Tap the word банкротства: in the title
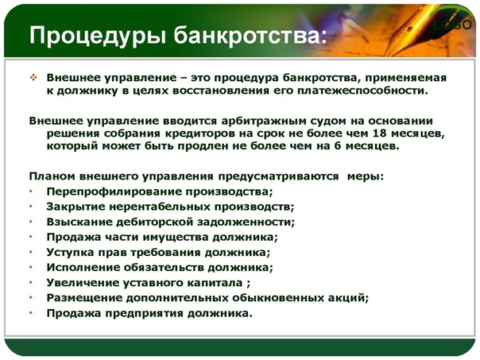point(250,35)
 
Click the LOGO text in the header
point(452,25)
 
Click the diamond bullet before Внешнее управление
point(33,78)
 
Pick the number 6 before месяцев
point(337,145)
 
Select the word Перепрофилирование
point(113,192)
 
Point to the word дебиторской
point(155,222)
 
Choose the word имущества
point(175,238)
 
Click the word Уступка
point(70,253)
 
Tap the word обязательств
point(164,268)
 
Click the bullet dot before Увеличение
point(31,282)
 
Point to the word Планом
point(52,176)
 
